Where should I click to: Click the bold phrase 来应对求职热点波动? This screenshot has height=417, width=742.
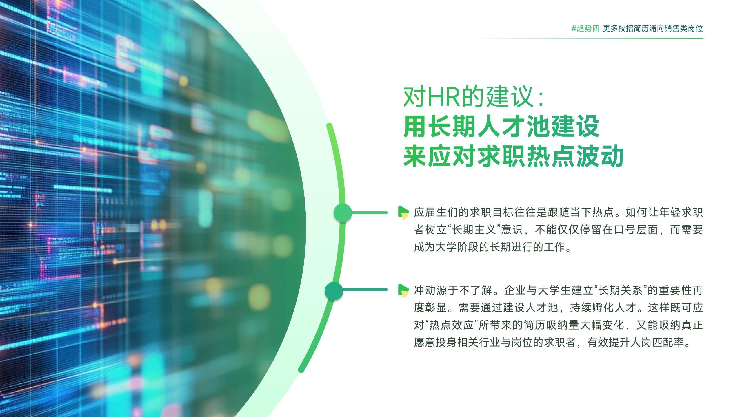point(513,156)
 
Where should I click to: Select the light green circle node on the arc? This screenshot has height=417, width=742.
point(343,213)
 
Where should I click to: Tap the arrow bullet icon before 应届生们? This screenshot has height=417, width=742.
point(403,212)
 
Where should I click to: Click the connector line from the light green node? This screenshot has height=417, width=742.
point(370,213)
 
